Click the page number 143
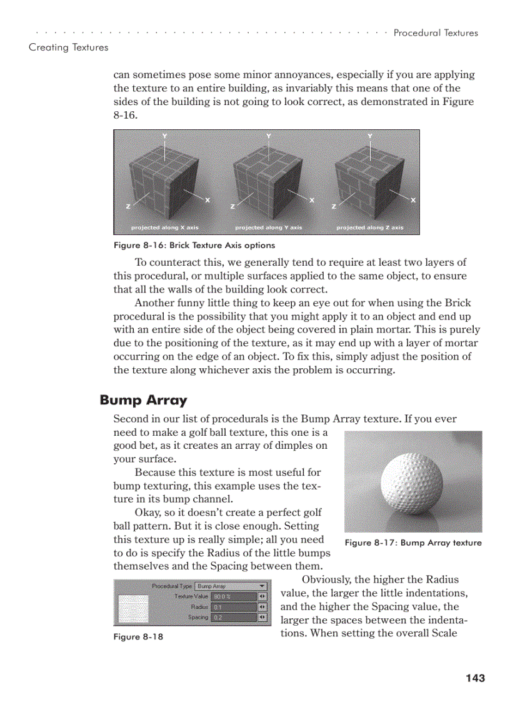[x=475, y=678]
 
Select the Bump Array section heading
[x=143, y=400]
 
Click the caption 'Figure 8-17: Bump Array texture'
[x=413, y=543]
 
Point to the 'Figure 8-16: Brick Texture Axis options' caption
[x=194, y=245]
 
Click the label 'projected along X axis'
[x=164, y=228]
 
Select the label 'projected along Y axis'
[x=268, y=228]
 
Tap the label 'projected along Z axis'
[x=370, y=228]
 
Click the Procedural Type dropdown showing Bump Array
[x=231, y=586]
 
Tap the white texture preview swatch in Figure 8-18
[x=133, y=608]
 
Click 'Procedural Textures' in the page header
[x=435, y=33]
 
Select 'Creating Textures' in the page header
[x=68, y=48]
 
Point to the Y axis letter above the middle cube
[x=269, y=136]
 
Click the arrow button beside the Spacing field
[x=262, y=618]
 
